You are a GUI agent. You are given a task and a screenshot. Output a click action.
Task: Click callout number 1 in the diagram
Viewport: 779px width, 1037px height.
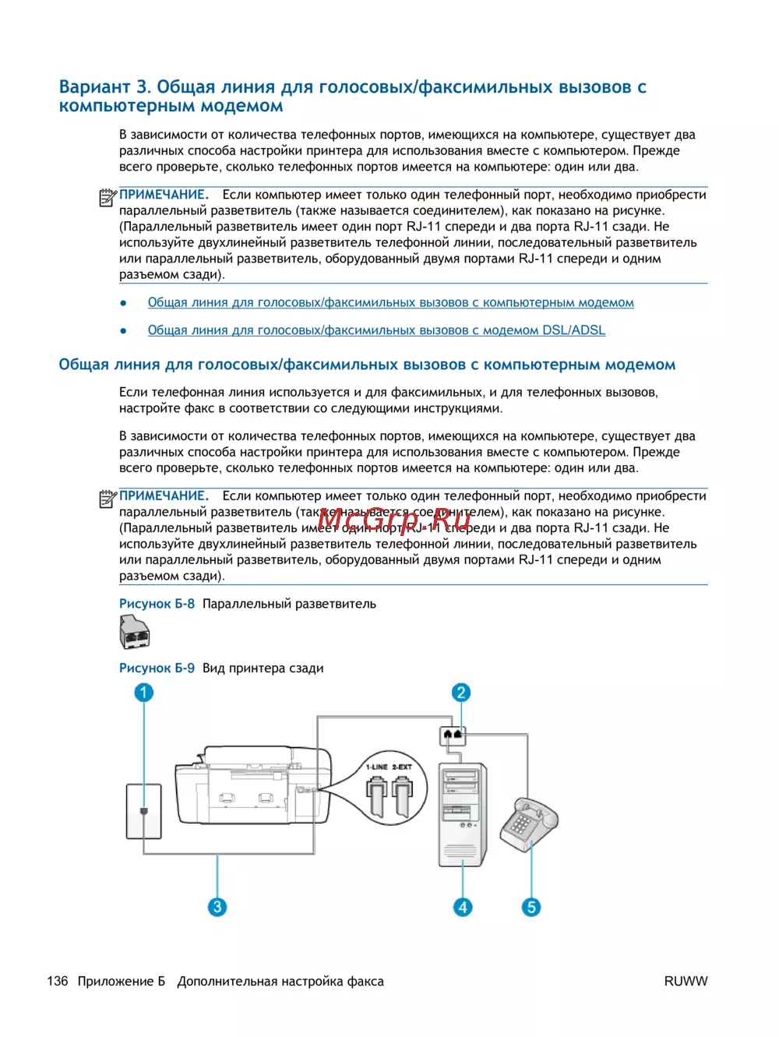pos(143,693)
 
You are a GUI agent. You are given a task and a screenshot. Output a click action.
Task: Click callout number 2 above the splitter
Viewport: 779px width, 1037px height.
pos(461,693)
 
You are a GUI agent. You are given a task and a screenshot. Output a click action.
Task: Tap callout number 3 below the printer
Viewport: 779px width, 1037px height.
pos(217,907)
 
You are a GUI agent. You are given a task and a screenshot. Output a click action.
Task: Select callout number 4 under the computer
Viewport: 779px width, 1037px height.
pos(463,907)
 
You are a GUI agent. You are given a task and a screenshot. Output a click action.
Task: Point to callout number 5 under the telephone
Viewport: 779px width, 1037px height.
pos(531,907)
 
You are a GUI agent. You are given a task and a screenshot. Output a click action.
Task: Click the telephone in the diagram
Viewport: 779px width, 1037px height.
pos(529,824)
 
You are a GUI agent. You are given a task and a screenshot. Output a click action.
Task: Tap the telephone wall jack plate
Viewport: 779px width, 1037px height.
pos(144,811)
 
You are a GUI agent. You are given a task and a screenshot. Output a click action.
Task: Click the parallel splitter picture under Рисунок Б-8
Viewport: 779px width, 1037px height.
pos(134,632)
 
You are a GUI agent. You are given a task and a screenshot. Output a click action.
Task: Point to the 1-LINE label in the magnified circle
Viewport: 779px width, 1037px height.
pos(377,767)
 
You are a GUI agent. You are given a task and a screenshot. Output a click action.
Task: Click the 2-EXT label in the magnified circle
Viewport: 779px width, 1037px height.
pos(402,767)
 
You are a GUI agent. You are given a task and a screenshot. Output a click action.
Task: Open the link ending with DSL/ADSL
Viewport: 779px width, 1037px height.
pos(376,330)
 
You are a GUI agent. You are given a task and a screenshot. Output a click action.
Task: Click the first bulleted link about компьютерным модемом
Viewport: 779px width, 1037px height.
pos(390,302)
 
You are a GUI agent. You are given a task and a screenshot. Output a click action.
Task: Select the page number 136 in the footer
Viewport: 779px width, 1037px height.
pos(58,981)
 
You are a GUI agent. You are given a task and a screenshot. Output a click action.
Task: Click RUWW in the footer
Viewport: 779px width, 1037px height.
pos(686,981)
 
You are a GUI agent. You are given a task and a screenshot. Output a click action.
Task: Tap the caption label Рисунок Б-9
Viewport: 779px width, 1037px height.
pos(157,668)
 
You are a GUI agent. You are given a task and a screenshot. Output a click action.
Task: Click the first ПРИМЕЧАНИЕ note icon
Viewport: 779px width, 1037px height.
pos(108,198)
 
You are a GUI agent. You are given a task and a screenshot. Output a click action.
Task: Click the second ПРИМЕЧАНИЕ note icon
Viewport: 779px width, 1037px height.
pos(108,499)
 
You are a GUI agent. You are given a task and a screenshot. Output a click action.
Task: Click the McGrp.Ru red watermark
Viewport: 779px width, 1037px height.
pos(394,518)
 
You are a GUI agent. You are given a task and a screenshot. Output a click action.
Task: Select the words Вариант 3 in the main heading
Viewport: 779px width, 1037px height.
pos(105,86)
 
